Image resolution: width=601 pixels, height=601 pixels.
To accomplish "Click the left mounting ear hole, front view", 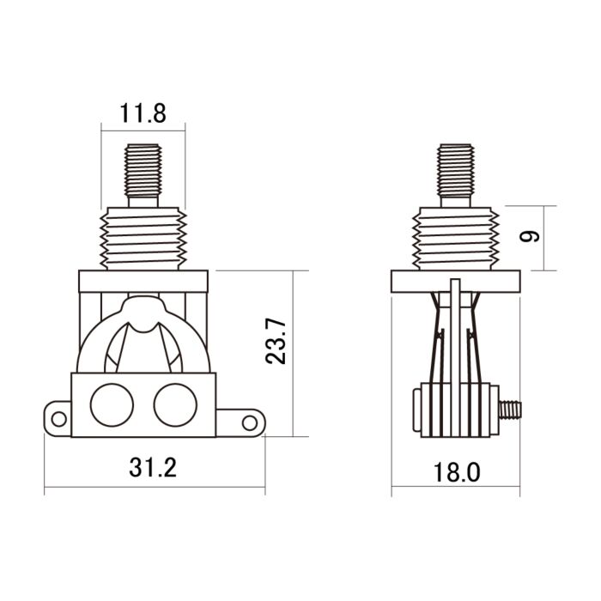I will [58, 419].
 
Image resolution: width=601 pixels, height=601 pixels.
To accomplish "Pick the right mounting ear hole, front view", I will [249, 422].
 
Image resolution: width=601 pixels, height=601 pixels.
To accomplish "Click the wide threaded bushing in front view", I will [143, 239].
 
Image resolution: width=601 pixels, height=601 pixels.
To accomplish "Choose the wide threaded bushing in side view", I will [455, 239].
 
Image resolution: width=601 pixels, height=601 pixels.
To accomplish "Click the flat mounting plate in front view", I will [143, 282].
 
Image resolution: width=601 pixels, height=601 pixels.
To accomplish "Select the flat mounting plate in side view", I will [455, 282].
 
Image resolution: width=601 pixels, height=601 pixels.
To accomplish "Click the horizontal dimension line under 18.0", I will [455, 492].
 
